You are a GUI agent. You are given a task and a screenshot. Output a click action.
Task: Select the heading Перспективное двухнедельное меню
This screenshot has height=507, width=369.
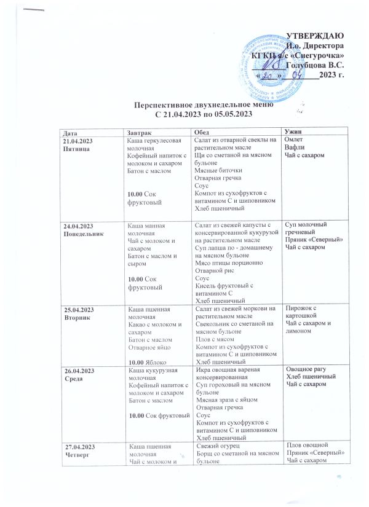[x=196, y=106]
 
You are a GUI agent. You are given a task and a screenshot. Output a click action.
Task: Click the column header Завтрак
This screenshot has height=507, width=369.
[x=138, y=133]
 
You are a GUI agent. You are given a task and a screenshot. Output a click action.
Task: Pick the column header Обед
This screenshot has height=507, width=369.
[x=202, y=133]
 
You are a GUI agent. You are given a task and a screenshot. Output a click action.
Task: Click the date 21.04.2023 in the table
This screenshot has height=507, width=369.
[x=78, y=142]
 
